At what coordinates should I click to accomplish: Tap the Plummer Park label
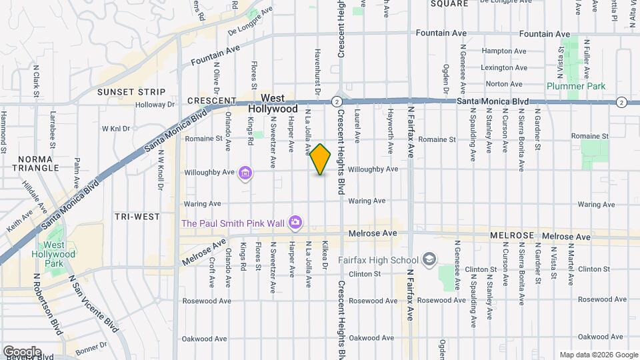575,86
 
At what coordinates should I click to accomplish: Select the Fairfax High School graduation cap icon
430,259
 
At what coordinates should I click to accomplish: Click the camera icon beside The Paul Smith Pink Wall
296,221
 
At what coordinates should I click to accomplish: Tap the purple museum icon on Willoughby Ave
245,173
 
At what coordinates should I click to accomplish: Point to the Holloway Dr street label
155,105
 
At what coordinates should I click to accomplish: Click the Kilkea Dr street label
325,255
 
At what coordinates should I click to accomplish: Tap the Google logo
22,351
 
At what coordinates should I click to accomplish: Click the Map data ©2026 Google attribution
598,355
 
